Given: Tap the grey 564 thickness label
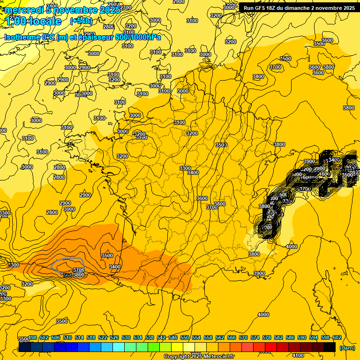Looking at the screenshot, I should coord(67,275).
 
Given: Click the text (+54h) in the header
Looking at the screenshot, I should coord(81,21).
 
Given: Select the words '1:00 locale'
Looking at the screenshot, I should coord(34,21).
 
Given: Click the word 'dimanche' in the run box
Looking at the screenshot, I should coord(297,8).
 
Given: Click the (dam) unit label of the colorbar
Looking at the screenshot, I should coord(346,348).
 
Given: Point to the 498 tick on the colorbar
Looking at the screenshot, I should coord(33,338).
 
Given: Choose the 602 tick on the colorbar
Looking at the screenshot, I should coord(337,338).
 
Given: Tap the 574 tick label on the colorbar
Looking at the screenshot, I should coord(255,338).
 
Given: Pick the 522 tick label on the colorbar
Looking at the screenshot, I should coord(103,338).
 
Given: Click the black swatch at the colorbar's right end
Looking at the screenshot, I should coord(330,347).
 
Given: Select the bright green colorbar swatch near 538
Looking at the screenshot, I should coord(153,347).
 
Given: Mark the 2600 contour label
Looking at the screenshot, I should coord(112,4).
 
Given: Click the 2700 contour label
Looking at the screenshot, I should coord(126,7).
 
